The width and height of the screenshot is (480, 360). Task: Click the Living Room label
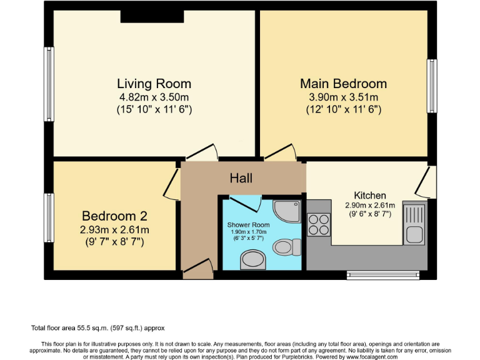[154, 84]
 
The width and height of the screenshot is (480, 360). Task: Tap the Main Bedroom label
[343, 84]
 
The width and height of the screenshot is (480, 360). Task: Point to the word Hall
[241, 178]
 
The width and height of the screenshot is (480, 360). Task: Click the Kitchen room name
[370, 195]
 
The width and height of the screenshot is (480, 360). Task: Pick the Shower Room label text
[249, 224]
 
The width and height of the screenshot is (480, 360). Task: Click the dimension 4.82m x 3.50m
[154, 97]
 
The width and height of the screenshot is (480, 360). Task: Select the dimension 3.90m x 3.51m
[343, 97]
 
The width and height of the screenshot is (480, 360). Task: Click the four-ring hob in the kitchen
[319, 224]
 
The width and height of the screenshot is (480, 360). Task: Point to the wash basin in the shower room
[252, 258]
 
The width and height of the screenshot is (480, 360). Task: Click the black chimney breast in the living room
[152, 16]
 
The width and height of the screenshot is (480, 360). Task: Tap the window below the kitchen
[383, 274]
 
